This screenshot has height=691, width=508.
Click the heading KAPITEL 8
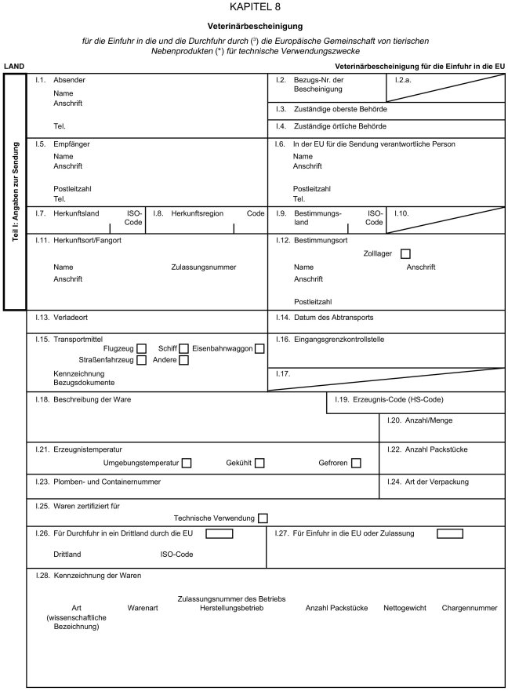(254, 7)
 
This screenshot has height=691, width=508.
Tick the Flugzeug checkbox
(142, 348)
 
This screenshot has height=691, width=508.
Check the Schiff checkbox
(183, 348)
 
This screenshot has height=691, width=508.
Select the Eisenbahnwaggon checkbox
(259, 348)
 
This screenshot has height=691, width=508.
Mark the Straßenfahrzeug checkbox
(142, 361)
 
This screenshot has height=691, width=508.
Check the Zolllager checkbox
(405, 254)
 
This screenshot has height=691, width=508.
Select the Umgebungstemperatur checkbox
(187, 463)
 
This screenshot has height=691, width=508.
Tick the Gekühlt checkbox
(259, 463)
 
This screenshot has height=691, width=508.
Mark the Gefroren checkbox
(356, 463)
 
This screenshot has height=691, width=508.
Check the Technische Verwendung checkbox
(263, 518)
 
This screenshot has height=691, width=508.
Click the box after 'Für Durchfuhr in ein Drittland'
(220, 534)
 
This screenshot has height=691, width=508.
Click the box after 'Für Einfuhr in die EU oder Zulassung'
(450, 534)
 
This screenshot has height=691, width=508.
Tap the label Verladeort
(71, 318)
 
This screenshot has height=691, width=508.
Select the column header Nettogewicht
(405, 608)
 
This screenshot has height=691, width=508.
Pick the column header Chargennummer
(469, 608)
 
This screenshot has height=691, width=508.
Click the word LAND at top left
(13, 67)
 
